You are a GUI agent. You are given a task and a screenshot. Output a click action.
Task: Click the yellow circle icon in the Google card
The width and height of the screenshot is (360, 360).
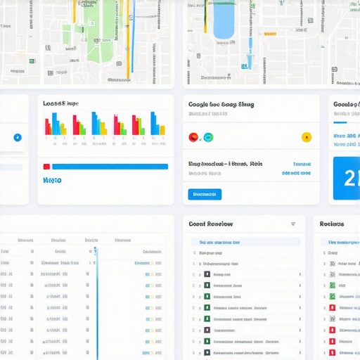(x=306, y=137)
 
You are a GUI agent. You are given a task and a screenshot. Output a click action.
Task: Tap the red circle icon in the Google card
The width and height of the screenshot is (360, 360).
(x=194, y=137)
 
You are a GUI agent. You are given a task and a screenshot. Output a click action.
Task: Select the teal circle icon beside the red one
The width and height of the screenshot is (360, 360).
(x=207, y=137)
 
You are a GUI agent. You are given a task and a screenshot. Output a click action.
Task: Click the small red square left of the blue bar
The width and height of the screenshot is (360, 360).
(x=46, y=167)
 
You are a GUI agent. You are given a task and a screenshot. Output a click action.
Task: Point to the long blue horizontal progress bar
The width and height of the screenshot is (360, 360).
(x=110, y=167)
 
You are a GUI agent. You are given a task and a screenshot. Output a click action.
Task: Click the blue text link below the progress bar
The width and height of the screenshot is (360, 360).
(x=52, y=181)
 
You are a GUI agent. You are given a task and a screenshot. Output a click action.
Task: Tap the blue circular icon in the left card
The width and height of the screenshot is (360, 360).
(x=18, y=137)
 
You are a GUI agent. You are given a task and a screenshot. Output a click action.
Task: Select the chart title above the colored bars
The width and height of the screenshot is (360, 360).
(x=59, y=104)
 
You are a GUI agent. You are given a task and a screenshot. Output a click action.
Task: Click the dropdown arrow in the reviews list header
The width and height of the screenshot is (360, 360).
(x=293, y=224)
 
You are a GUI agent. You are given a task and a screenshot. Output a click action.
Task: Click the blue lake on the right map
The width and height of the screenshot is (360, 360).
(x=223, y=21)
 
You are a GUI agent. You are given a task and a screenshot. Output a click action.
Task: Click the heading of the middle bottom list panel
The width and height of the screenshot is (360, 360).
(x=210, y=224)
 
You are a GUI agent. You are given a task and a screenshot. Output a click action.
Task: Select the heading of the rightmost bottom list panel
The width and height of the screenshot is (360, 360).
(x=332, y=224)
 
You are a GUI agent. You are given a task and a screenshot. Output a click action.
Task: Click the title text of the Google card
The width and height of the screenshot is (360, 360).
(x=221, y=104)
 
